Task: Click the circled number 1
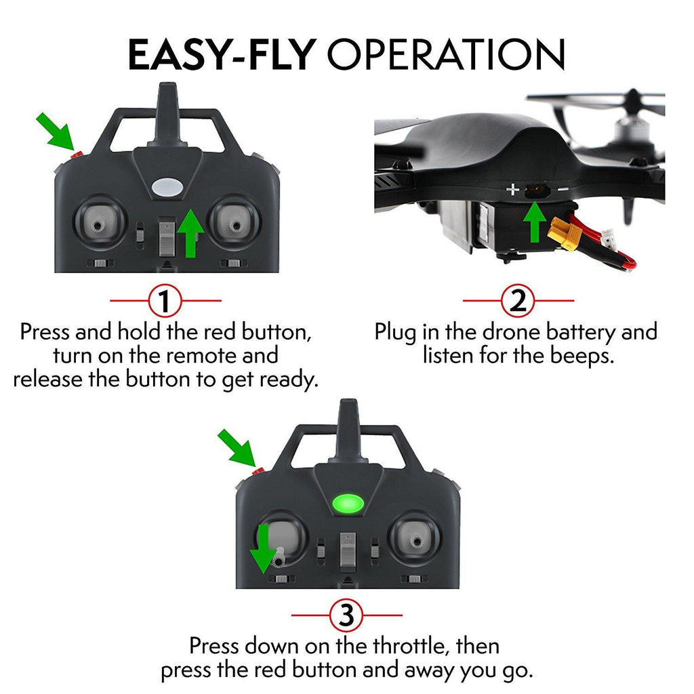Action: click(165, 300)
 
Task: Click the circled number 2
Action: click(518, 300)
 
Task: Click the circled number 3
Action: click(346, 616)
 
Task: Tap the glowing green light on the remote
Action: click(346, 504)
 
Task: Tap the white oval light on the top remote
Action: click(166, 187)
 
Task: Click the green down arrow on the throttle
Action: click(262, 550)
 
